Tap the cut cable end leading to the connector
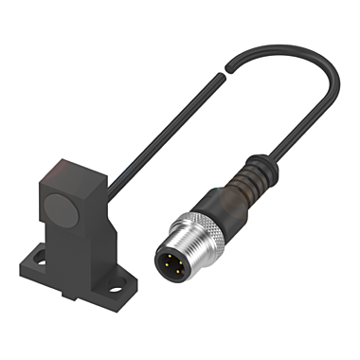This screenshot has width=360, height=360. click(228, 64)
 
